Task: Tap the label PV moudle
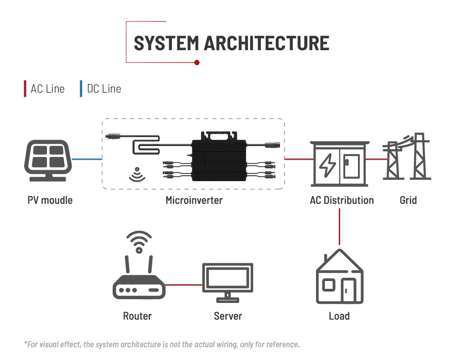coord(50,200)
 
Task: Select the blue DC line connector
coord(86,159)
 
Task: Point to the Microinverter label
coord(194,200)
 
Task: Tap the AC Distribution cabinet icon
coord(339,163)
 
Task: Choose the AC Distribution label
coord(342,200)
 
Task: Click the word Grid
coord(408,200)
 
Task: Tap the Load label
coord(339,316)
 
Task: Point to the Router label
coord(137,316)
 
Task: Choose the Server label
coord(228,316)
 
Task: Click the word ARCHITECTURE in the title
coord(266,43)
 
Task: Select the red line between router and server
coord(183,285)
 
